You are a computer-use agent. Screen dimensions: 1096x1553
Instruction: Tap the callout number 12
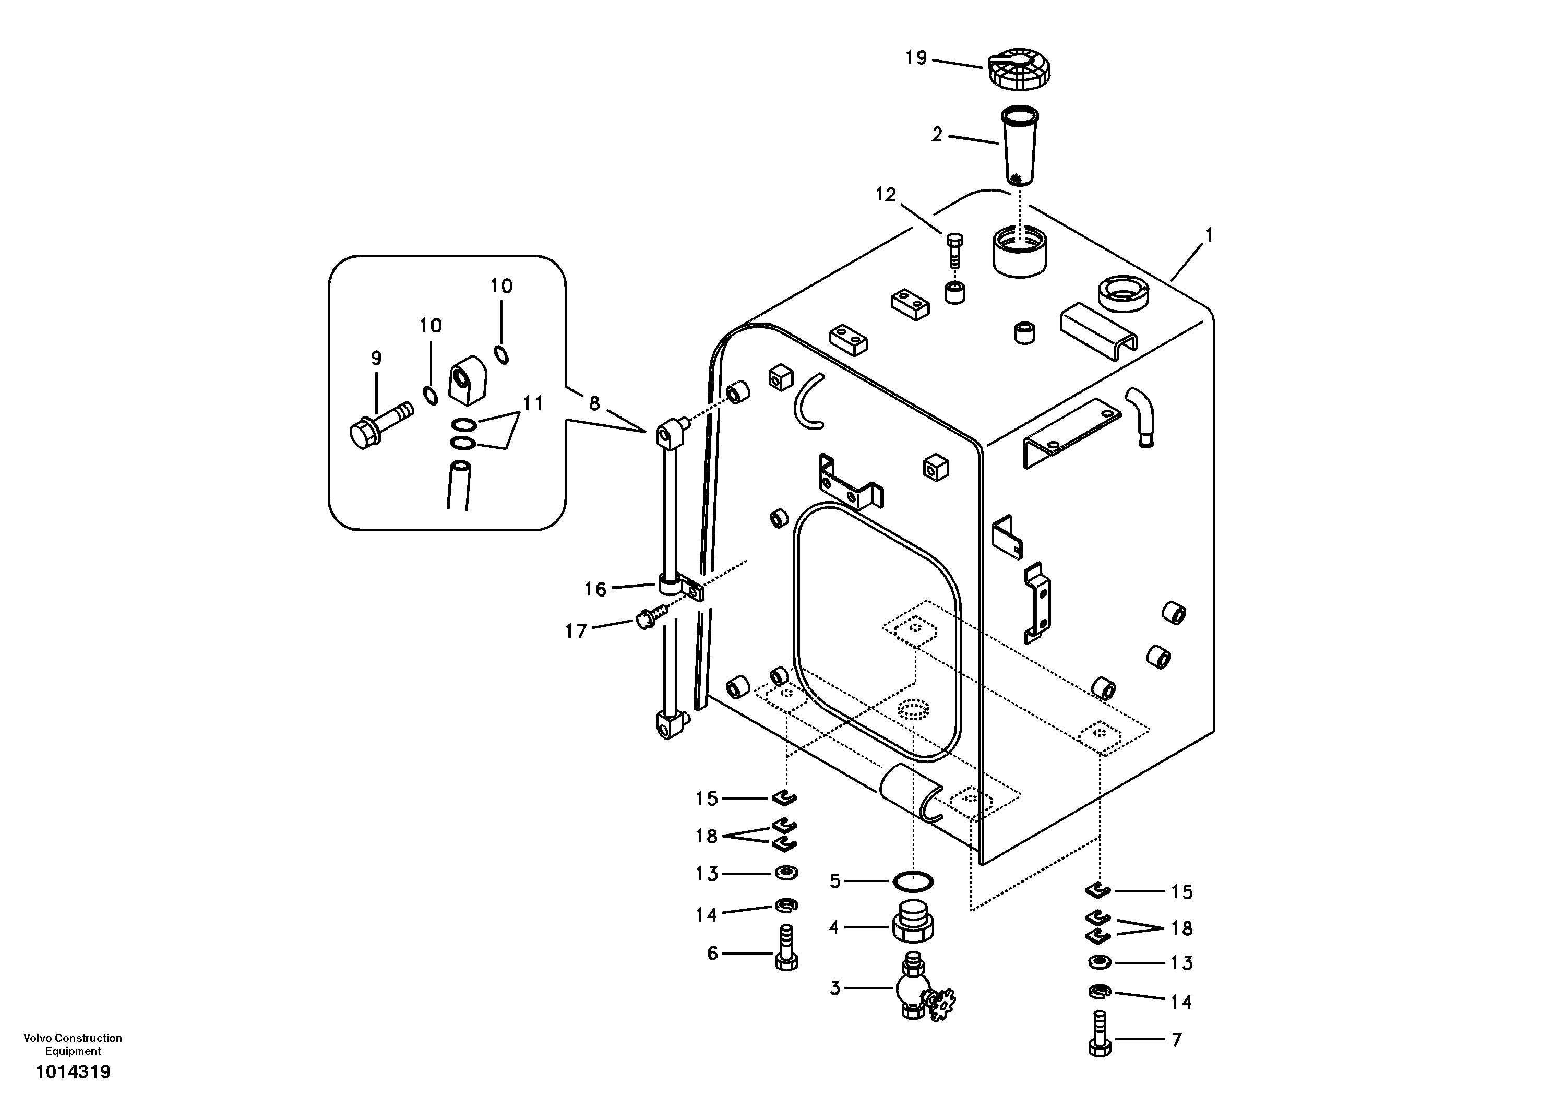point(886,195)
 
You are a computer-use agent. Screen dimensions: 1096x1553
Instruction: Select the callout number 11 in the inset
point(533,404)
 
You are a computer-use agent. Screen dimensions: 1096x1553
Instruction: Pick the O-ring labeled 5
point(913,881)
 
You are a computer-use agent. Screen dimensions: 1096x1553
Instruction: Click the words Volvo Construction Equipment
point(73,1044)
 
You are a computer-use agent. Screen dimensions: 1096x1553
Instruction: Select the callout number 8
point(594,404)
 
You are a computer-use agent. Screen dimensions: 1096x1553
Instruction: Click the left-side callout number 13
point(706,874)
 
